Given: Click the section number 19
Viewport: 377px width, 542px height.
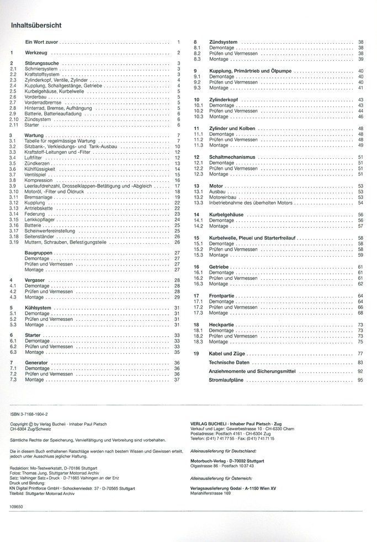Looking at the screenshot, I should point(196,353).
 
